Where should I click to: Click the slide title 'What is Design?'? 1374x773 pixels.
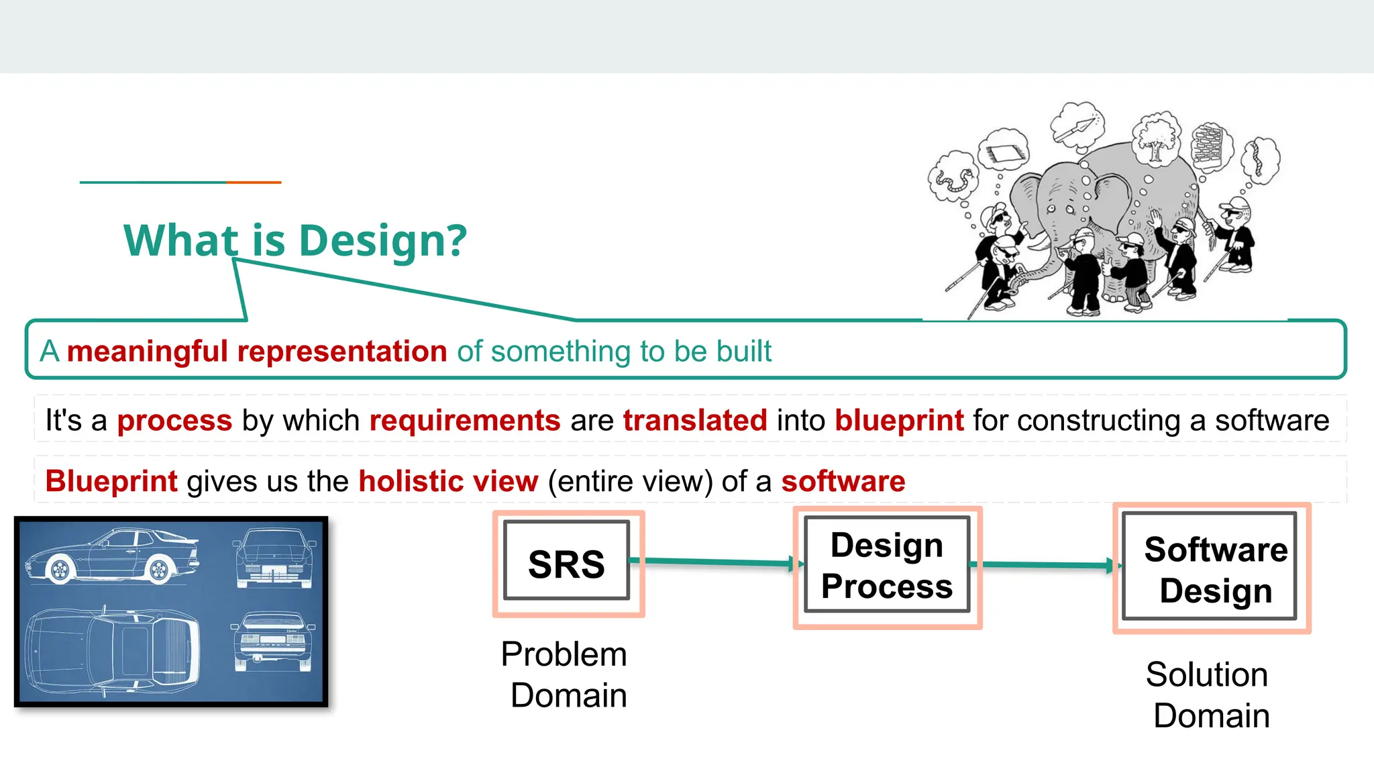(295, 240)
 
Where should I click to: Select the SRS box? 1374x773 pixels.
(567, 562)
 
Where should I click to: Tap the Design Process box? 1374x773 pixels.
(887, 566)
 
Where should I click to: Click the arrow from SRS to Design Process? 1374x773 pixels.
(715, 561)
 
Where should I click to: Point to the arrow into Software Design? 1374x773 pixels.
(1047, 565)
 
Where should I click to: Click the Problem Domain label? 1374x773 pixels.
(565, 674)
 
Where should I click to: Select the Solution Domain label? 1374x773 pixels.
(1208, 694)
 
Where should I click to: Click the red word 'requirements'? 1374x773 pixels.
(464, 421)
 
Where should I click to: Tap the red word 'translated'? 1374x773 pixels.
(694, 421)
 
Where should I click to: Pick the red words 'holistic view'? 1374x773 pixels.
(448, 482)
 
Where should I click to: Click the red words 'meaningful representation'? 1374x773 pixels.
(257, 352)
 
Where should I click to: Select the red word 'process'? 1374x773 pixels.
(174, 421)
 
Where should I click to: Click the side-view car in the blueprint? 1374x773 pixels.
(111, 556)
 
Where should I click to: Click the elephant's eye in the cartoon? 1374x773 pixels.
(1051, 209)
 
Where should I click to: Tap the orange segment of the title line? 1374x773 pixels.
(254, 182)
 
